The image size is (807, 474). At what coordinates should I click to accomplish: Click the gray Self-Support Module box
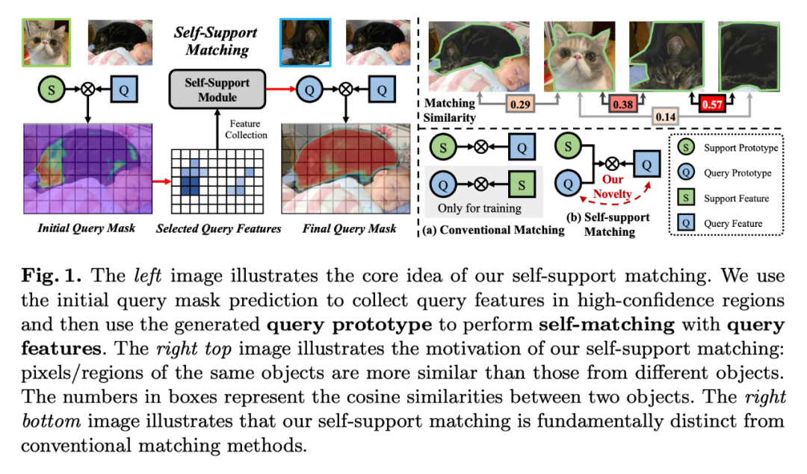click(x=217, y=90)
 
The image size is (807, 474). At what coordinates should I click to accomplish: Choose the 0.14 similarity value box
click(x=667, y=116)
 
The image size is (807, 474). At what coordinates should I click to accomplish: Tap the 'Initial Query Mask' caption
click(x=87, y=228)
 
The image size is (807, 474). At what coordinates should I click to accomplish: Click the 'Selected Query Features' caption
click(x=217, y=228)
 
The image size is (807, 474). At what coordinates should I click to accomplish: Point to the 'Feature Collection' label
click(x=247, y=128)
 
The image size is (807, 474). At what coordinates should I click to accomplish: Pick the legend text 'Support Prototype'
click(x=739, y=148)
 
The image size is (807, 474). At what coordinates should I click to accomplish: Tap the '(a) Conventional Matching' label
click(x=493, y=230)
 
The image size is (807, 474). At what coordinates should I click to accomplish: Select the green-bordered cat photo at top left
click(x=46, y=43)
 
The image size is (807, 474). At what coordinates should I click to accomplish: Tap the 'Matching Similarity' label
click(x=450, y=110)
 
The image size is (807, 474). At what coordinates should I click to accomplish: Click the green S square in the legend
click(x=683, y=198)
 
